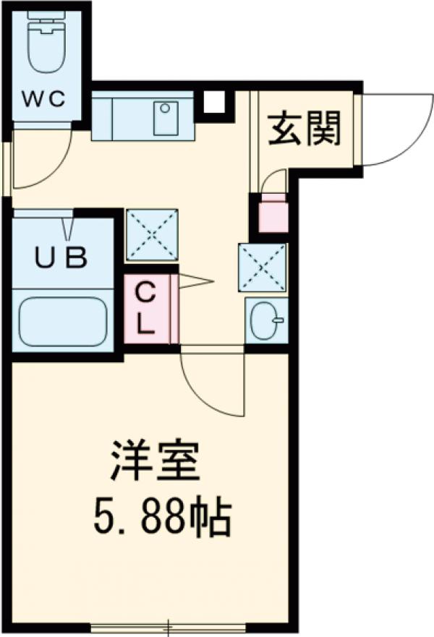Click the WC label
[47, 98]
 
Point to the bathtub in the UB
[63, 321]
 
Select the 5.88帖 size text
[161, 516]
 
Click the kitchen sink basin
[166, 118]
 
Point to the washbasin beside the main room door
[266, 319]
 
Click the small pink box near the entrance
[273, 214]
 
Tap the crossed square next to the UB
[152, 234]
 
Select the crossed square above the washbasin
[263, 267]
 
